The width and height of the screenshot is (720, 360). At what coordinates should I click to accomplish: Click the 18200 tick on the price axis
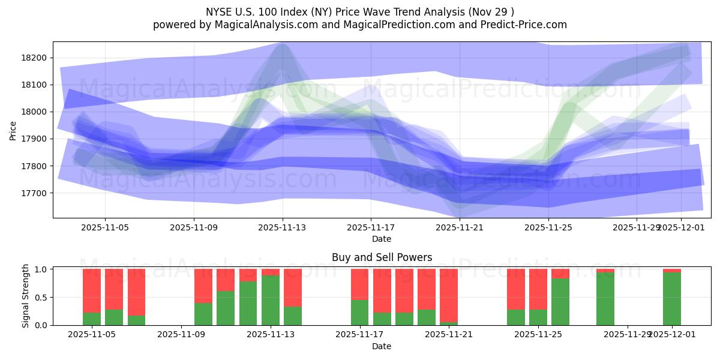[37, 58]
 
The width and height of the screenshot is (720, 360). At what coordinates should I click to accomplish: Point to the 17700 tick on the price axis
[37, 193]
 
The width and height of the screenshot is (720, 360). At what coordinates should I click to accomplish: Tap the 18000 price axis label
[37, 112]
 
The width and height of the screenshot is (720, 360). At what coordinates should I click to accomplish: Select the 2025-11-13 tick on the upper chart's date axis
[283, 227]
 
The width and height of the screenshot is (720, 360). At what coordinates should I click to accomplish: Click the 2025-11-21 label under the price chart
[460, 227]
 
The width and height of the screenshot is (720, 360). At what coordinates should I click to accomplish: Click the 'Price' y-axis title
[13, 130]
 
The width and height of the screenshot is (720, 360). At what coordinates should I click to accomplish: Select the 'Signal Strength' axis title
[25, 296]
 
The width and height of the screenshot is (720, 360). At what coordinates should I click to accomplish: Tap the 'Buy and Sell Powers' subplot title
[382, 257]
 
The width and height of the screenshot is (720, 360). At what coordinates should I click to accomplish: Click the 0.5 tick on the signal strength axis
[42, 298]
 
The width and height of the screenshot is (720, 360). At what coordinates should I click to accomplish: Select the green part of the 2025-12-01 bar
[672, 299]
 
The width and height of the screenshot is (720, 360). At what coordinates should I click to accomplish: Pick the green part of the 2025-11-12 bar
[248, 303]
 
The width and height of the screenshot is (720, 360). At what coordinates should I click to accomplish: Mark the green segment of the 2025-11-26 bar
[560, 302]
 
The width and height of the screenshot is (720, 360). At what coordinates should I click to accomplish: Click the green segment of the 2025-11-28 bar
[605, 299]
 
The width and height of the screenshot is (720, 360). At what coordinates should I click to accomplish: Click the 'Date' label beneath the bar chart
[382, 346]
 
